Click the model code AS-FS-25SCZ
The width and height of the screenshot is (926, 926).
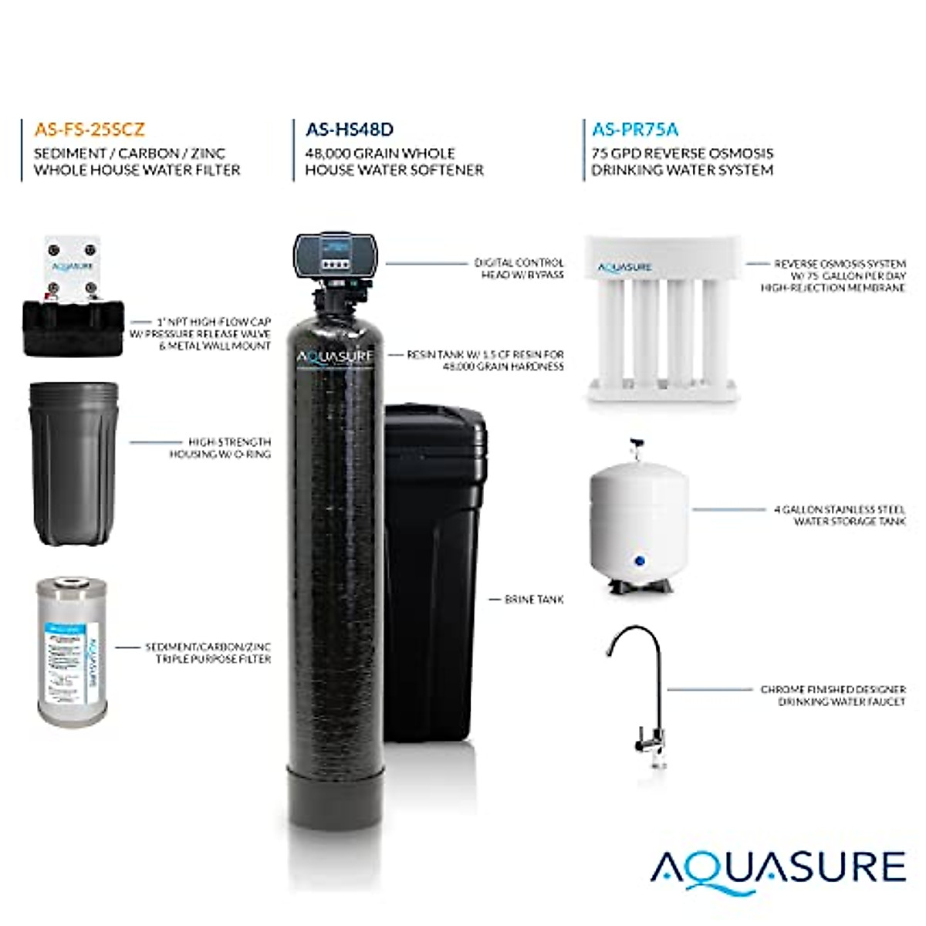90,130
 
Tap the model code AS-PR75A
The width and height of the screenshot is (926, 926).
635,130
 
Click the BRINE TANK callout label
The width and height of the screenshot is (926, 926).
534,600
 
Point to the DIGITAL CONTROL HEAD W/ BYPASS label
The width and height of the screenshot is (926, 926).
519,269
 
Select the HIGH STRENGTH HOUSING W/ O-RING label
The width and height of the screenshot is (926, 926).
220,448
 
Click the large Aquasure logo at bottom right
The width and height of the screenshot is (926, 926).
778,868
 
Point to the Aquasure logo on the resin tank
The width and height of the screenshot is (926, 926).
336,356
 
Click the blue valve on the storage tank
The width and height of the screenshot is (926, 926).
637,561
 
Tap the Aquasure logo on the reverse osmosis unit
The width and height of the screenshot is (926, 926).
625,268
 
